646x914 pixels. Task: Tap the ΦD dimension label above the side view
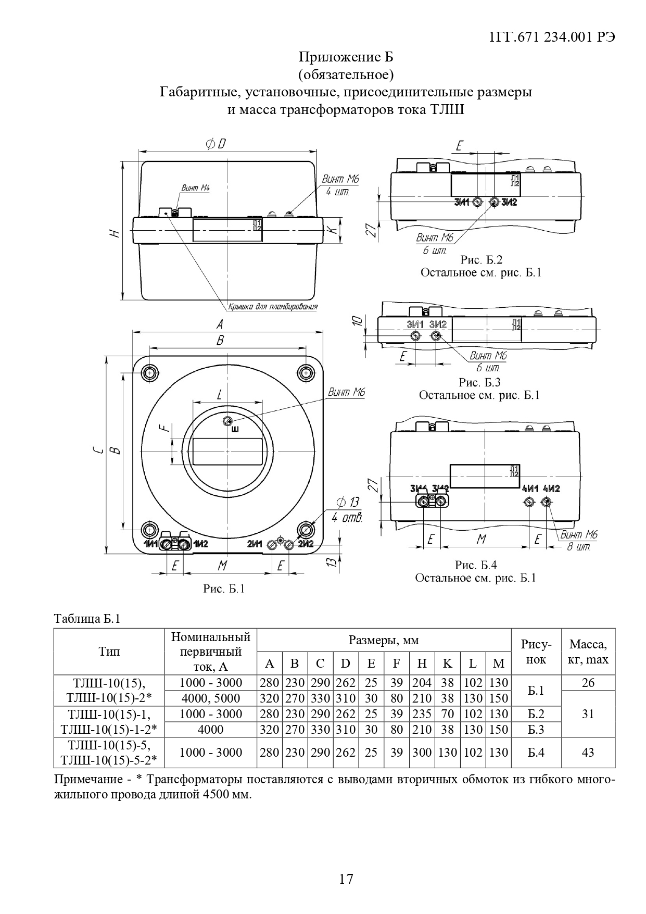pyautogui.click(x=216, y=144)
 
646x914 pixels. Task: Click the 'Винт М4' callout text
pyautogui.click(x=195, y=188)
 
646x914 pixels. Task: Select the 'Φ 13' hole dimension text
pyautogui.click(x=348, y=503)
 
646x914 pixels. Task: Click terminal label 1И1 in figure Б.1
pyautogui.click(x=150, y=544)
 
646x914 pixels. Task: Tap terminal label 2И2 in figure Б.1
pyautogui.click(x=305, y=544)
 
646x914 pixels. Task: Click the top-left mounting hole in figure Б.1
pyautogui.click(x=150, y=372)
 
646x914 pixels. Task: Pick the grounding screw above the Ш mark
pyautogui.click(x=227, y=421)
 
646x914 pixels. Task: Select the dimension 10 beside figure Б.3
pyautogui.click(x=357, y=321)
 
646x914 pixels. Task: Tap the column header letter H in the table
pyautogui.click(x=422, y=663)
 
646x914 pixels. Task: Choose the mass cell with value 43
pyautogui.click(x=588, y=752)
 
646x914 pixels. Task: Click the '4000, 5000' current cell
pyautogui.click(x=210, y=698)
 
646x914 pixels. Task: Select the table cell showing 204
pyautogui.click(x=422, y=683)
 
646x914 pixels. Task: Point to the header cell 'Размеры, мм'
pyautogui.click(x=384, y=640)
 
